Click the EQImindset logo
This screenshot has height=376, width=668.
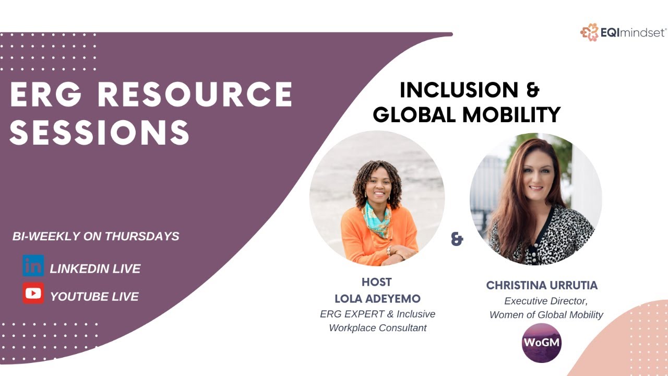click(623, 32)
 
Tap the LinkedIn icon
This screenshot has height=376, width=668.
click(33, 266)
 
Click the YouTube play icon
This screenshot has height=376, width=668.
click(33, 293)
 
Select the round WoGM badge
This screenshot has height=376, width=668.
click(542, 343)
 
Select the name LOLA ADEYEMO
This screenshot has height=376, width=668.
click(377, 299)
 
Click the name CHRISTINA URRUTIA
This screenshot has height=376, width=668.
click(542, 286)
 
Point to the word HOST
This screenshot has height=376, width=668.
click(376, 283)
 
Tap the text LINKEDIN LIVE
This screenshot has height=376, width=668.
click(95, 269)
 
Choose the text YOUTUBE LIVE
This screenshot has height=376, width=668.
click(94, 297)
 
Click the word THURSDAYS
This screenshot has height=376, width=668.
click(142, 236)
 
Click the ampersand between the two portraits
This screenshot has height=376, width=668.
click(457, 240)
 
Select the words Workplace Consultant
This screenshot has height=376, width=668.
click(377, 328)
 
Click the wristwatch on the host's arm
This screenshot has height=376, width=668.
click(389, 251)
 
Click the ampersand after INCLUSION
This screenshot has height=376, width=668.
click(532, 90)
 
